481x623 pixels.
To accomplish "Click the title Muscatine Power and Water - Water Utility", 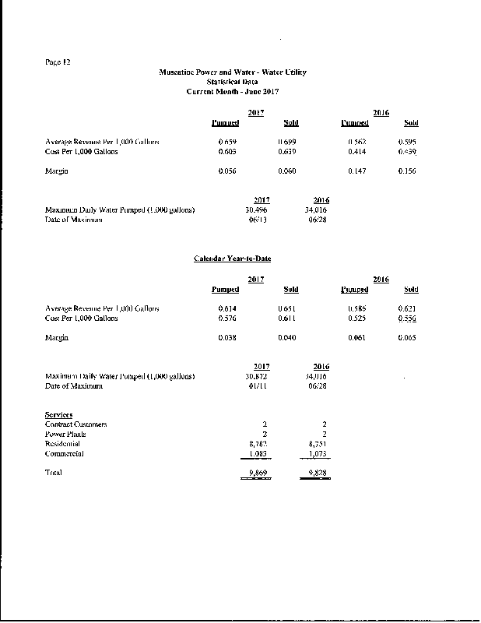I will (x=233, y=72).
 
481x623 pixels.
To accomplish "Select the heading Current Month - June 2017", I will (x=233, y=91).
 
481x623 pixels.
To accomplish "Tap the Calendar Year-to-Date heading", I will (x=232, y=259).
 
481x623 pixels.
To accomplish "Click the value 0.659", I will (x=227, y=142).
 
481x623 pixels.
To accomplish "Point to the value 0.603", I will (x=227, y=151).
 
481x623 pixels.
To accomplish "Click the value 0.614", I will (x=227, y=309).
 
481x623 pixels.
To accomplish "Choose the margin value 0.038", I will (x=227, y=339).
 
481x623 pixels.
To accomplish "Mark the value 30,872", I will (x=257, y=377).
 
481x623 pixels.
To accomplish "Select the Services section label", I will (x=59, y=414).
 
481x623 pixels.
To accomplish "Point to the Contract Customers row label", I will (x=76, y=424).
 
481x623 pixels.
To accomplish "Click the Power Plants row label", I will (x=65, y=434).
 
